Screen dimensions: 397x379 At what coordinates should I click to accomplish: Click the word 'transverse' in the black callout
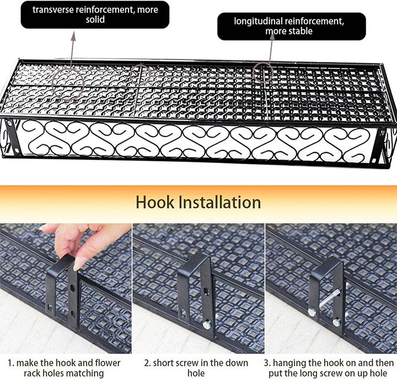(x=53, y=9)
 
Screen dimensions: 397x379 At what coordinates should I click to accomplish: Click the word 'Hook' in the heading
(x=155, y=202)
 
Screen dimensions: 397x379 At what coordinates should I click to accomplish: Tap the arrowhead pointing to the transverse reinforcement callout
(x=73, y=36)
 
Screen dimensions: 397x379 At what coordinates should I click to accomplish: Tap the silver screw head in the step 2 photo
(x=207, y=324)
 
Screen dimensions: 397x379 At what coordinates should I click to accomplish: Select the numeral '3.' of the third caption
(x=267, y=364)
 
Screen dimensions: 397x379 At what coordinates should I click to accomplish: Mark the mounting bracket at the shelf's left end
(x=12, y=137)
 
